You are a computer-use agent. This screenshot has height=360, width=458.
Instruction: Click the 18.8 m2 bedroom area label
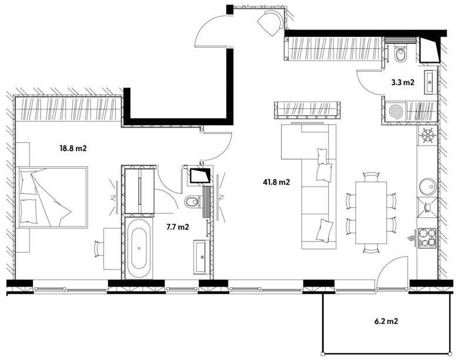73,149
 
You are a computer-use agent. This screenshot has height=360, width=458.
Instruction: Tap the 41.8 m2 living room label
277,182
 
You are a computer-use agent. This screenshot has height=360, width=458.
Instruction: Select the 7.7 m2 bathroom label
177,227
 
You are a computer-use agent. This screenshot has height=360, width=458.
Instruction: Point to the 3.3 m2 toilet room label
403,82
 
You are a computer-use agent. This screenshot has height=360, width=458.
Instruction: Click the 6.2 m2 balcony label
386,321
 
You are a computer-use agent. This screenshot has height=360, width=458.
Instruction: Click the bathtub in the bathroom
139,248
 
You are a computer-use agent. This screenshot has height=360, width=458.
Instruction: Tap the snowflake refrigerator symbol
427,134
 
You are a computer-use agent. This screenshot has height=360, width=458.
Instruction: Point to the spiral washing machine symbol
396,112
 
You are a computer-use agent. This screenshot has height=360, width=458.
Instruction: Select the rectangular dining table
371,213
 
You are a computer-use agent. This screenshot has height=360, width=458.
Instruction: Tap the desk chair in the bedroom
99,248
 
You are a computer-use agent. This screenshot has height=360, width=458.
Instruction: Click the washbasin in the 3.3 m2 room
430,82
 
